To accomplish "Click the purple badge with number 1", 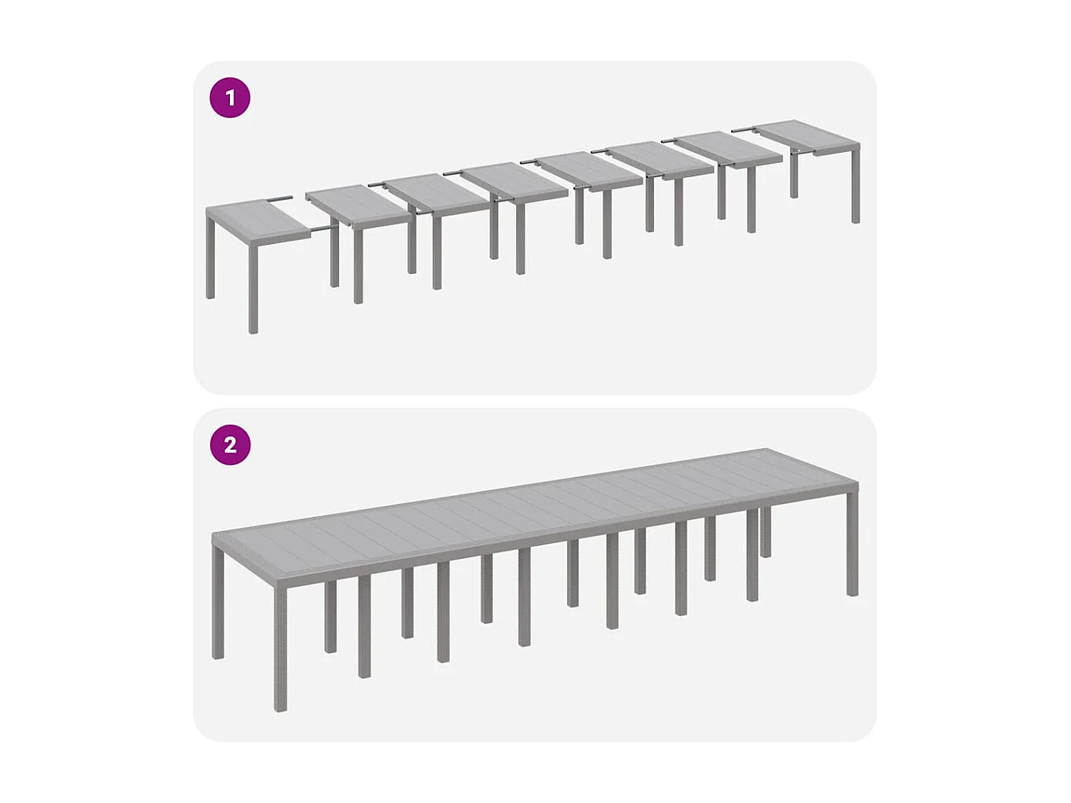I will tap(230, 97).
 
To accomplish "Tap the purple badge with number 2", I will tap(230, 445).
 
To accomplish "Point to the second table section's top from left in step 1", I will tap(358, 203).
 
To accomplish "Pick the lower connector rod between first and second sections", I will tap(323, 229).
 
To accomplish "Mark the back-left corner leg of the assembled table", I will tap(218, 607).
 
